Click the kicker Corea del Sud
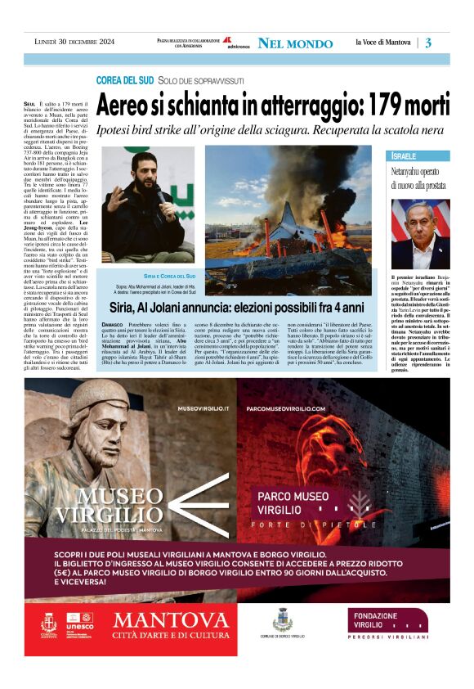(x=124, y=80)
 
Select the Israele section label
(x=405, y=155)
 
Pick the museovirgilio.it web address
(x=203, y=408)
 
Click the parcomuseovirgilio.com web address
(x=285, y=408)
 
